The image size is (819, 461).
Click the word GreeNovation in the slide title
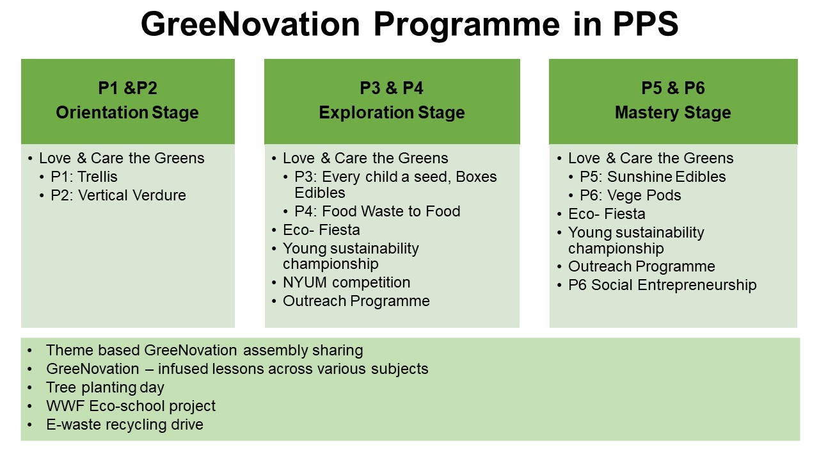click(250, 24)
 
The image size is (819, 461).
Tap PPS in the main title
click(646, 24)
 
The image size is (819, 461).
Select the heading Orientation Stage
click(127, 112)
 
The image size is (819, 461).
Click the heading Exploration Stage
click(392, 112)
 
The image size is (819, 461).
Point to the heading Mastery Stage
click(673, 112)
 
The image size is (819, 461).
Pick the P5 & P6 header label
click(673, 88)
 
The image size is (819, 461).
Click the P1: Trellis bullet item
click(84, 177)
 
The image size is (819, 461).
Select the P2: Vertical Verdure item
click(118, 195)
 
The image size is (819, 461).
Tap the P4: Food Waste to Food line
click(378, 211)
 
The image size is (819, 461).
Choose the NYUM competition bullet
click(347, 282)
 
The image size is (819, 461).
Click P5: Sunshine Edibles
click(653, 177)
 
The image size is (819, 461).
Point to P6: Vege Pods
click(630, 195)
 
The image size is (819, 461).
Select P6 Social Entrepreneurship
click(662, 285)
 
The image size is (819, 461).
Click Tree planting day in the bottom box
click(106, 387)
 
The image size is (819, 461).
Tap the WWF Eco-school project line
click(131, 406)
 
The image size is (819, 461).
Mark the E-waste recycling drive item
click(125, 425)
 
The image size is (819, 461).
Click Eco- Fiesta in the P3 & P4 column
click(321, 230)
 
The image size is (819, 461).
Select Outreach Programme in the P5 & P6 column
click(642, 266)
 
